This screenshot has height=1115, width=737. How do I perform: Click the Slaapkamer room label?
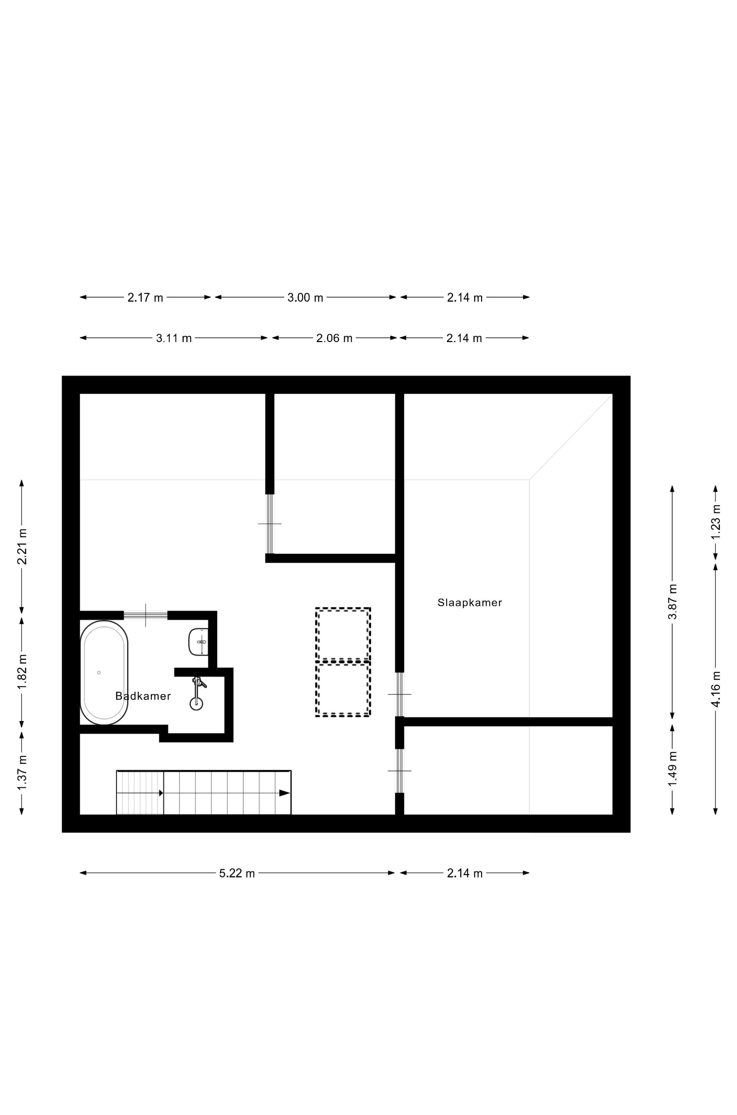[x=469, y=603]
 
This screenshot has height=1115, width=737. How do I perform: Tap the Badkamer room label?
[x=143, y=696]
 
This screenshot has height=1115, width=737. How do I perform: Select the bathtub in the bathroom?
[x=104, y=673]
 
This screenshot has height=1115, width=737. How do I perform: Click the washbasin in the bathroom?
[x=198, y=642]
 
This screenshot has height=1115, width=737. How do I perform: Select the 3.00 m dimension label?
[x=305, y=298]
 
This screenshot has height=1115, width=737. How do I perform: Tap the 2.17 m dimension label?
[x=145, y=298]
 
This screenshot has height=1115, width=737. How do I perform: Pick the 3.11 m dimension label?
[x=174, y=338]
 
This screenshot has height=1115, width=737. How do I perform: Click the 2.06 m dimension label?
[x=334, y=338]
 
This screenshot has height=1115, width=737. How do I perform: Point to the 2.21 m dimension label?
[x=21, y=547]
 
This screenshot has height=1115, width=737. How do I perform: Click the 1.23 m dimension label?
[x=716, y=522]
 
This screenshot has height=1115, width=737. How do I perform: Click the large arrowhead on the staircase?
[x=284, y=793]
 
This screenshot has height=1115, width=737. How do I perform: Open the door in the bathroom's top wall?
[x=146, y=615]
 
